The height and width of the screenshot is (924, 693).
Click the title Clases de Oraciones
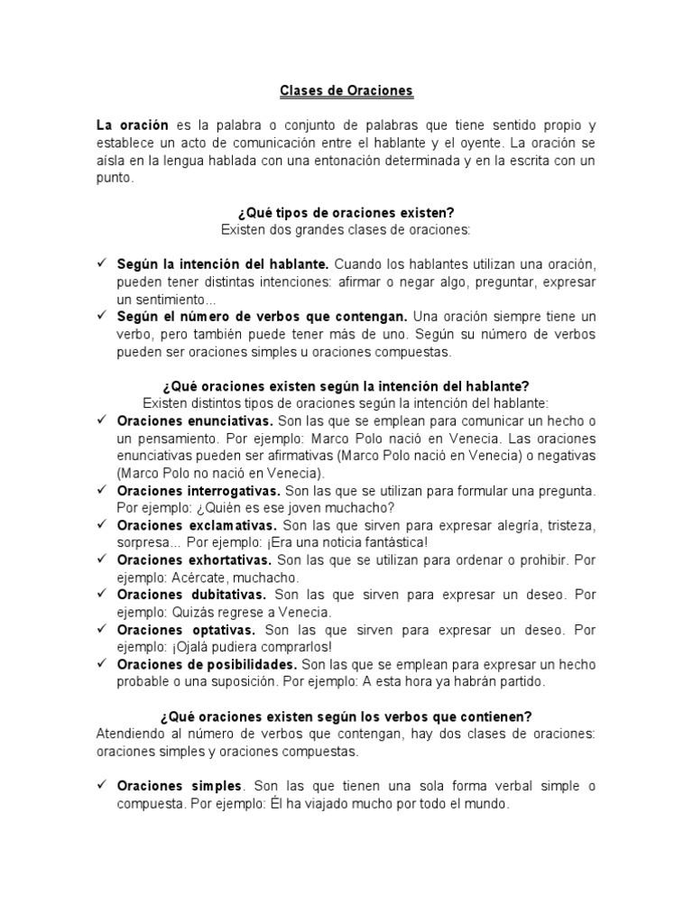coord(346,91)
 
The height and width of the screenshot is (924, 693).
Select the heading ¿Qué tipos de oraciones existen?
coord(346,213)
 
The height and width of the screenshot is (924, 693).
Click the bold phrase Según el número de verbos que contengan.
coord(262,317)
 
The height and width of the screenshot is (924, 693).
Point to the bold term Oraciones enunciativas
coord(194,420)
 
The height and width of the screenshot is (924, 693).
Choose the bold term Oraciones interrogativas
coord(199,490)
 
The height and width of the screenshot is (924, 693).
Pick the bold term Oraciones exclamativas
coord(197,524)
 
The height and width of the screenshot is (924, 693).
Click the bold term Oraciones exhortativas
coord(195,560)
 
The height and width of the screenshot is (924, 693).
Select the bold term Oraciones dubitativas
coord(191,595)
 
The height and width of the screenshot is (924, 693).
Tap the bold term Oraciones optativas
coord(186,629)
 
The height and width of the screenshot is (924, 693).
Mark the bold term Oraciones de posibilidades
coord(207,664)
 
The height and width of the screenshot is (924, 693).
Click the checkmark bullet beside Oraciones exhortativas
coord(101,560)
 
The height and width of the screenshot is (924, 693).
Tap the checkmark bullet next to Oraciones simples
coord(101,786)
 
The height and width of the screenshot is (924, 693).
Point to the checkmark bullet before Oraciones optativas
coord(101,629)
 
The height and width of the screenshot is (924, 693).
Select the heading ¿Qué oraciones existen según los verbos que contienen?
coord(346,716)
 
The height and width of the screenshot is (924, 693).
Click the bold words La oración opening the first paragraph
coord(132,125)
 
